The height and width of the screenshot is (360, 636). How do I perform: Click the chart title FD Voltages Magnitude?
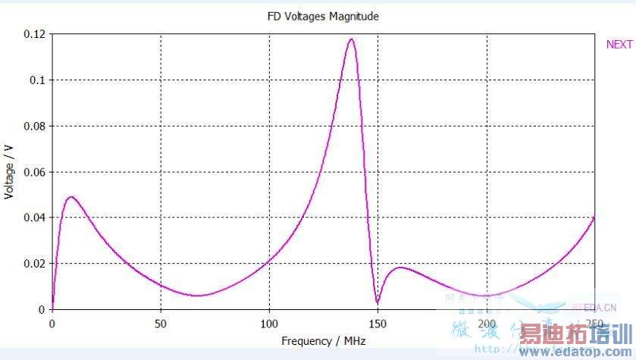click(x=322, y=16)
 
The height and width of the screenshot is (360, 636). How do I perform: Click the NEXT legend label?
click(x=619, y=45)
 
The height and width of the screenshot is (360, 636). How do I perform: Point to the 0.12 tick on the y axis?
click(x=34, y=34)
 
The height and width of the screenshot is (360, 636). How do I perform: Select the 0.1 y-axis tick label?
click(x=37, y=80)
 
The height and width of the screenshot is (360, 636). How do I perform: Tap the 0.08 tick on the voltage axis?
click(x=34, y=126)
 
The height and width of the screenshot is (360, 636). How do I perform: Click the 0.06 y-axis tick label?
click(x=34, y=172)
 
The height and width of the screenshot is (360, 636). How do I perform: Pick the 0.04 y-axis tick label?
click(x=34, y=218)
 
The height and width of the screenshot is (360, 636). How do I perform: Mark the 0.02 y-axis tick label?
click(x=34, y=264)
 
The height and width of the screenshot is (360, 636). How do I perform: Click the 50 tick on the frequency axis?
click(x=160, y=324)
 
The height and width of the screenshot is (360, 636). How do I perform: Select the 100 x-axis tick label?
click(x=269, y=324)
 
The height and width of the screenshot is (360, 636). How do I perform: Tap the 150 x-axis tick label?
click(x=378, y=324)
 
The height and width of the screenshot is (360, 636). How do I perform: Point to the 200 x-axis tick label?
click(x=486, y=324)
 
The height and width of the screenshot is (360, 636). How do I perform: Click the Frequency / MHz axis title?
click(x=323, y=341)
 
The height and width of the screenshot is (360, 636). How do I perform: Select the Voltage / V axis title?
click(x=10, y=172)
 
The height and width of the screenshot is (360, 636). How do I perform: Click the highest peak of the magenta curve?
click(x=351, y=39)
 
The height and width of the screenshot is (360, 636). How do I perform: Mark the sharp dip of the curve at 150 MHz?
click(x=378, y=303)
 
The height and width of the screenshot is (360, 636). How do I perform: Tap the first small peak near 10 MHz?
click(x=71, y=197)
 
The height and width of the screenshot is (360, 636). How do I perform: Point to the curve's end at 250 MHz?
click(x=594, y=218)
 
